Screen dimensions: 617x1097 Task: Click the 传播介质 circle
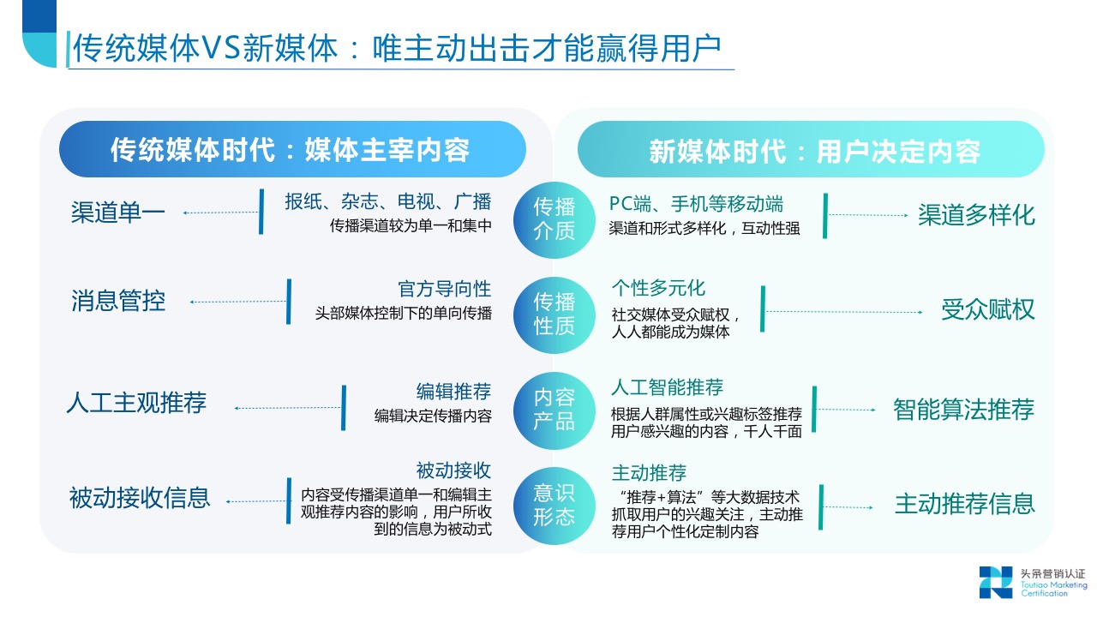coord(554,219)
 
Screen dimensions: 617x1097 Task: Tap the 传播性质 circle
coord(554,314)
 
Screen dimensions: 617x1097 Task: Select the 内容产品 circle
coord(554,410)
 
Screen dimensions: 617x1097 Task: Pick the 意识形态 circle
coord(554,505)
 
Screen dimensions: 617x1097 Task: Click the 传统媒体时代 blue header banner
coord(291,151)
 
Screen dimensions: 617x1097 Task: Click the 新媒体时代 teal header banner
coord(811,151)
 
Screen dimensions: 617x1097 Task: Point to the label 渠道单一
coord(118,213)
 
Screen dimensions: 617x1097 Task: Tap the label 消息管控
coord(118,301)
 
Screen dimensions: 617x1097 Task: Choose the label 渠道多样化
coord(976,214)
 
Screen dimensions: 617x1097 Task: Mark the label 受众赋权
coord(988,309)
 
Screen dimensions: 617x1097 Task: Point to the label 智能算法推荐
coord(963,410)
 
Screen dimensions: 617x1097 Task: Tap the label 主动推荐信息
coord(965,504)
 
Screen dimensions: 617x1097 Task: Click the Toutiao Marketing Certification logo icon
coord(996,582)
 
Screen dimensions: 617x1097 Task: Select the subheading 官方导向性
coord(444,289)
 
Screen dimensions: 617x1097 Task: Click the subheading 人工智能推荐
coord(667,387)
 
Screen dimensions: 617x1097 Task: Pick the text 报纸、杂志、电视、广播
coord(388,202)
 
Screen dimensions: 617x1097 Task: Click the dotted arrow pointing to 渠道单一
coord(221,213)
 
